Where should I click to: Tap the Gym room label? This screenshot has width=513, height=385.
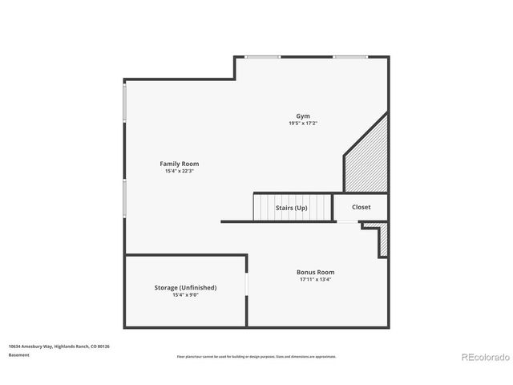(303, 115)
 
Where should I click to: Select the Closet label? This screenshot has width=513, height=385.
(361, 207)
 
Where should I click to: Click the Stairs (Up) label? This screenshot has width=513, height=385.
(292, 208)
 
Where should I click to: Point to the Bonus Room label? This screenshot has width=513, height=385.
(316, 272)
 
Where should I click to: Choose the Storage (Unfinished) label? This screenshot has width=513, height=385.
(185, 287)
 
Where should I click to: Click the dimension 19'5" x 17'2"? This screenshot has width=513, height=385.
(303, 124)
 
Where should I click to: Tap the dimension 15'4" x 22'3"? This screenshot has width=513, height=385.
(180, 171)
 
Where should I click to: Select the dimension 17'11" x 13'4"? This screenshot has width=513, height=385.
(316, 280)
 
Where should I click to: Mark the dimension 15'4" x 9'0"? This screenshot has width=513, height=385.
(185, 295)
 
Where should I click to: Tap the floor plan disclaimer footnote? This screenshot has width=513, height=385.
(256, 356)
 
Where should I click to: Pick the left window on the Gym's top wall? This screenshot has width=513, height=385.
(263, 57)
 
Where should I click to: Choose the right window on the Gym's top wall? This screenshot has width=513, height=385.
(350, 57)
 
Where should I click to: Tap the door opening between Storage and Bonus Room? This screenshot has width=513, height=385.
(247, 287)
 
